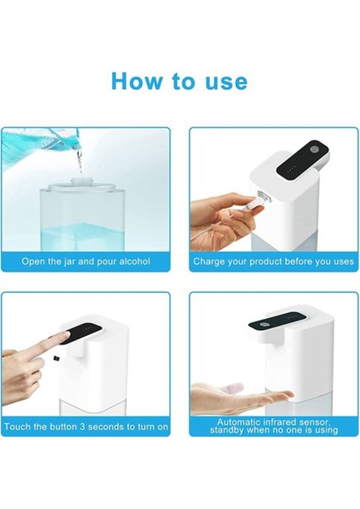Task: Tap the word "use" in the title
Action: (x=223, y=81)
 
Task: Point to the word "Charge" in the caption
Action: (x=211, y=261)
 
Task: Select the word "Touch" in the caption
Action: (x=20, y=427)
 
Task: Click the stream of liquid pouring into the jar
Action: (x=80, y=165)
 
